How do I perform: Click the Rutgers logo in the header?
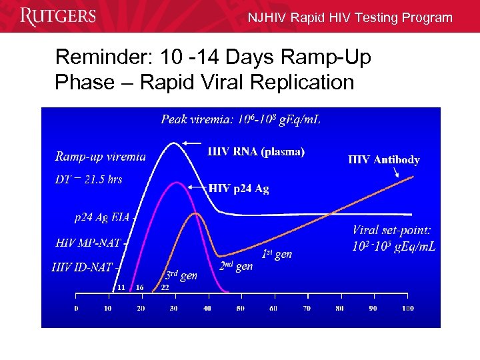(x=58, y=16)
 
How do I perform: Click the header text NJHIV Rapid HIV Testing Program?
(x=350, y=18)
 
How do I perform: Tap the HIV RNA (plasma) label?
(x=256, y=151)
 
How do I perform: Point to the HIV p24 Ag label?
(x=239, y=189)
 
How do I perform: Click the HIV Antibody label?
(x=384, y=159)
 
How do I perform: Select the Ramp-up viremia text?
(x=101, y=157)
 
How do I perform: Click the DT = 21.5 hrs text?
(x=89, y=179)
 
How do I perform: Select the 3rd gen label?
(x=181, y=275)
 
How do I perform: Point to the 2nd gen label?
(x=236, y=265)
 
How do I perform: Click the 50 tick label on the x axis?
(x=240, y=309)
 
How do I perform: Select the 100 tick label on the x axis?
(x=407, y=309)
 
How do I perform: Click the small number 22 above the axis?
(x=165, y=287)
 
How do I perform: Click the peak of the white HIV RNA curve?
(x=175, y=142)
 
